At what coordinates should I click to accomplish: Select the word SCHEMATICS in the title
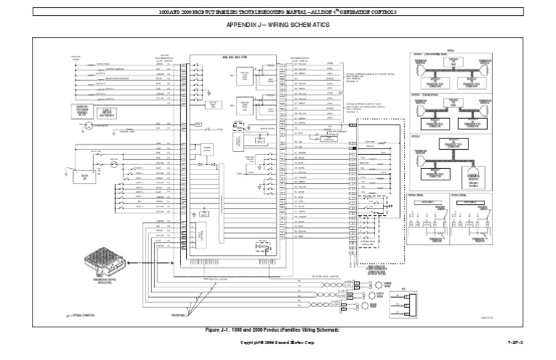point(311,25)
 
